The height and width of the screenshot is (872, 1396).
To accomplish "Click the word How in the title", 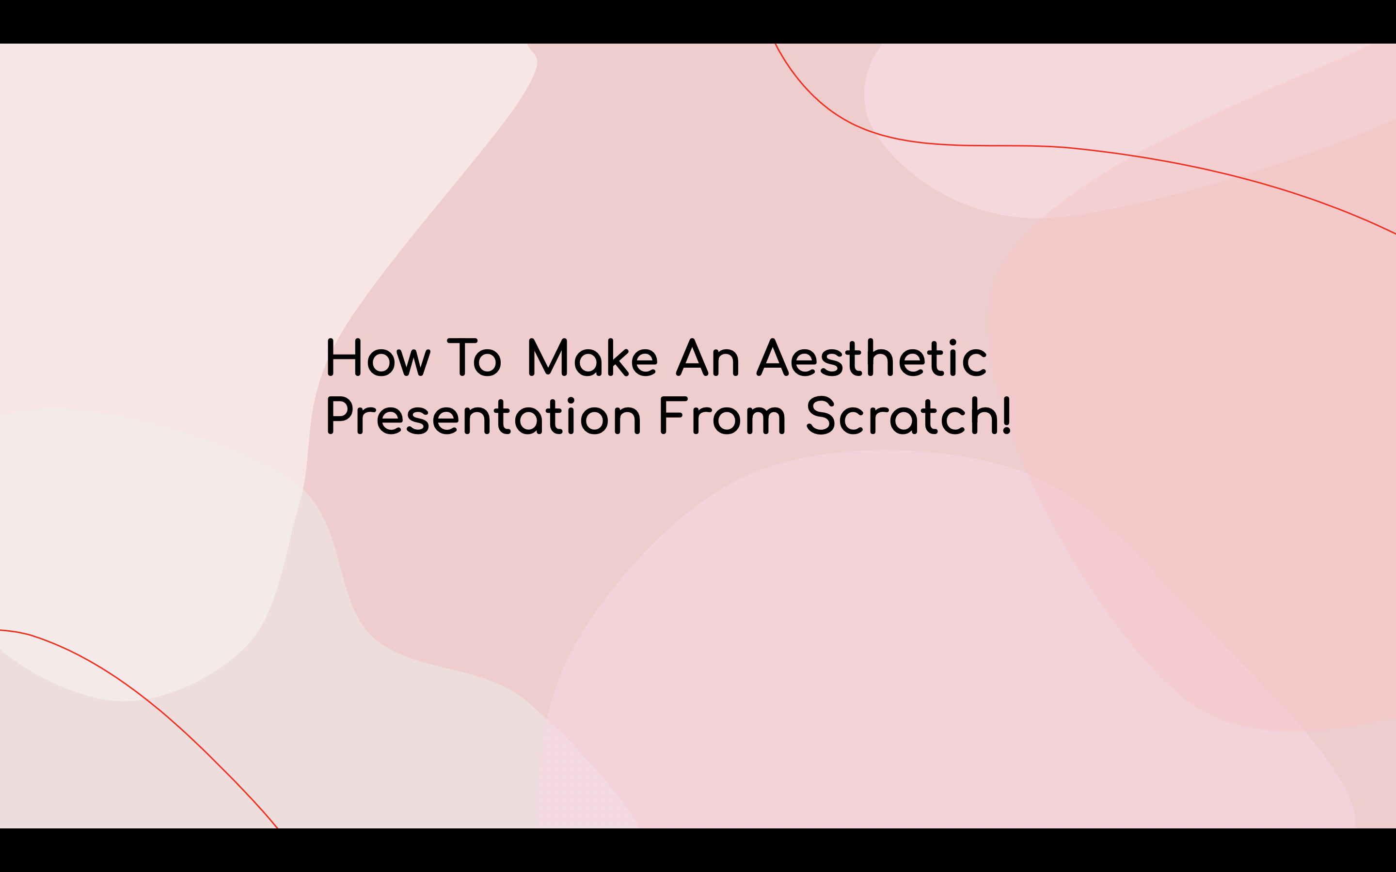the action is coord(379,358).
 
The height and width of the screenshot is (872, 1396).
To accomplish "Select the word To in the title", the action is coord(474,358).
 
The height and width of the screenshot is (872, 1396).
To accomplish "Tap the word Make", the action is coord(592,358).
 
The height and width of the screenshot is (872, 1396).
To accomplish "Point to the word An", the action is coord(708,358).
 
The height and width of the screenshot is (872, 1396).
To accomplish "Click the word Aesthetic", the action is coord(872,358).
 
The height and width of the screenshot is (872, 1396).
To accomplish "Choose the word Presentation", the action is coord(483,415).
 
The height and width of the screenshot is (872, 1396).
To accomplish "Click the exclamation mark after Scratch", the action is coord(1007,415).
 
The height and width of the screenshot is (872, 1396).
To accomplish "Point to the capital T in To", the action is coord(462,358).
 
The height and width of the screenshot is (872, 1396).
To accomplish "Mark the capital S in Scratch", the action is coord(820,415).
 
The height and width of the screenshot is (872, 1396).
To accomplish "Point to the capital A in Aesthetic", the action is coord(773,358).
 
